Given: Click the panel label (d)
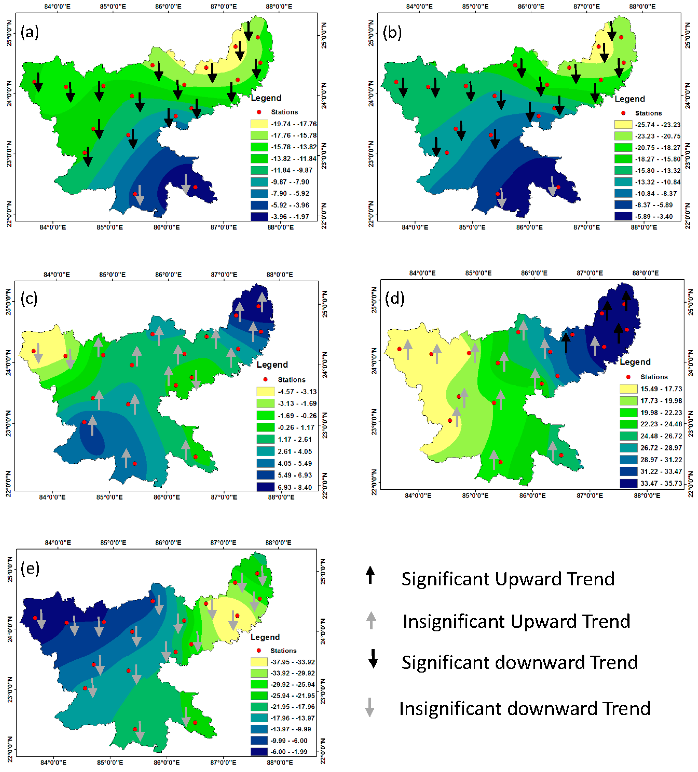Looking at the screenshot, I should (394, 298).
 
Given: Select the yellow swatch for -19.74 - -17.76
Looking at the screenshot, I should (259, 124).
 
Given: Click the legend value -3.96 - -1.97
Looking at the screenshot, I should (290, 216).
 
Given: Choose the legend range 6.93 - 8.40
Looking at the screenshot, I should (295, 487).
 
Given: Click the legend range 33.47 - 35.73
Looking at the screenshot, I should (661, 483).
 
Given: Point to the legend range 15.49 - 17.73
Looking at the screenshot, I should (661, 389).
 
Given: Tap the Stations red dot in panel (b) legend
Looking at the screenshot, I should (623, 113).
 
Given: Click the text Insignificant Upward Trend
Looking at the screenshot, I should (516, 621).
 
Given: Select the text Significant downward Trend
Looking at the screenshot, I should (519, 662).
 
